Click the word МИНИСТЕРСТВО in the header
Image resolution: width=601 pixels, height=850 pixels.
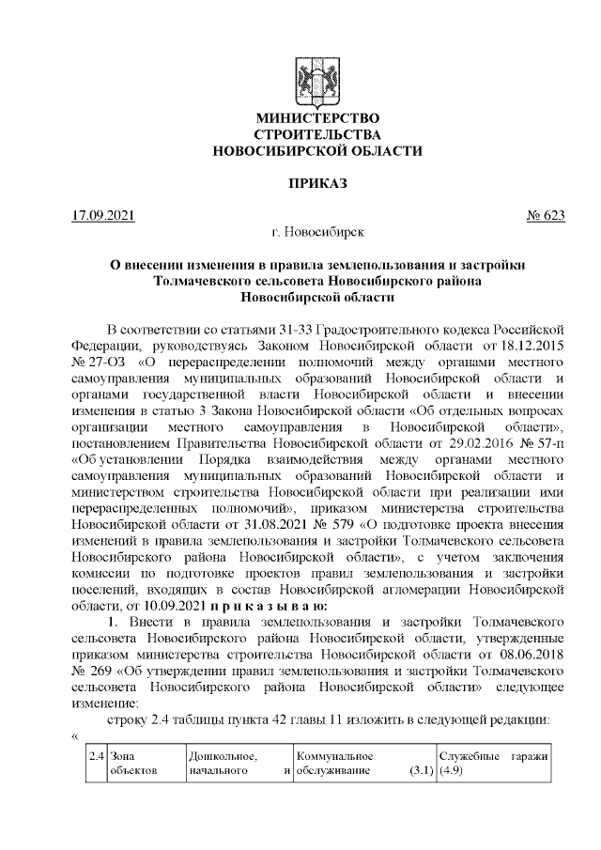pos(317,118)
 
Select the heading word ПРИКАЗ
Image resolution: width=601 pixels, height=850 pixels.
pos(317,182)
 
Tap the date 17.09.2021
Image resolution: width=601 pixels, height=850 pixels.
pos(103,215)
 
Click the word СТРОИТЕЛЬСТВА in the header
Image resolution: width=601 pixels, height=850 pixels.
pos(317,134)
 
